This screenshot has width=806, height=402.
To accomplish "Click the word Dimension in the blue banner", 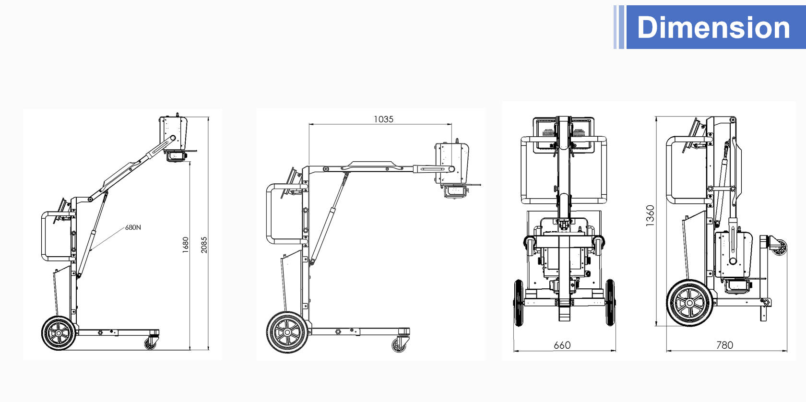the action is (x=713, y=27).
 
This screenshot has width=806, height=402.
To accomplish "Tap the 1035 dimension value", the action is (x=384, y=119).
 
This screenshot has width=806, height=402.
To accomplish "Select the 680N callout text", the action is (x=133, y=227).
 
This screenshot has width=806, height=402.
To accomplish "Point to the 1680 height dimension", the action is (x=185, y=245).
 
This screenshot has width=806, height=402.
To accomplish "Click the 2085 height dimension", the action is (x=204, y=245).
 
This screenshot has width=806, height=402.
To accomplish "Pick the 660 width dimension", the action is (x=562, y=345).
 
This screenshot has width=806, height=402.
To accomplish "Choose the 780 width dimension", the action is (x=724, y=345).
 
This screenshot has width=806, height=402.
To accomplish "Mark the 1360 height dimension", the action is (x=650, y=215).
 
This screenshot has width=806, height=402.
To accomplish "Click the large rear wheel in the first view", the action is (x=59, y=333).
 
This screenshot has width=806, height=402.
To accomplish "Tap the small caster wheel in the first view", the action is (x=151, y=343).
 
